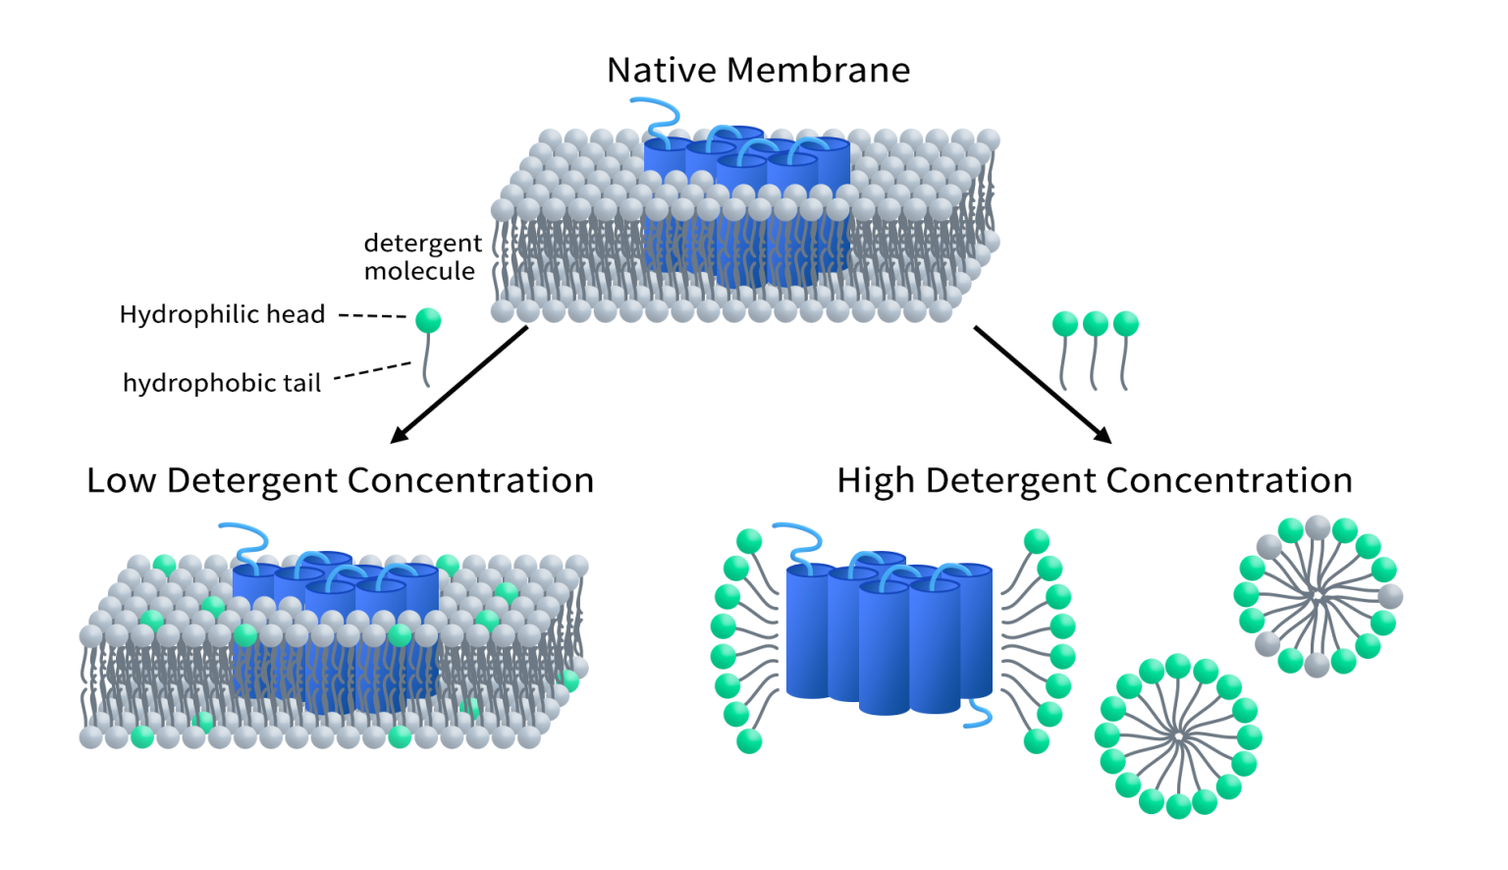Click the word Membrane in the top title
click(x=819, y=71)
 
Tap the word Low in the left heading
click(x=121, y=481)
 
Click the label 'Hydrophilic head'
click(x=222, y=315)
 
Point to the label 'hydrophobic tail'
click(x=222, y=383)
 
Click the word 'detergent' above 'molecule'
click(x=422, y=244)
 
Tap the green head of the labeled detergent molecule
click(x=428, y=320)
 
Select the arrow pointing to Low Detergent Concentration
click(x=459, y=384)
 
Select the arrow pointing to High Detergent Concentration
click(x=1042, y=384)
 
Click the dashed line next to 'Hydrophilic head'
click(x=372, y=316)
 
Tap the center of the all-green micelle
click(x=1178, y=735)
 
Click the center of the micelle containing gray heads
click(x=1318, y=596)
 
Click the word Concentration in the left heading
click(x=470, y=481)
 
